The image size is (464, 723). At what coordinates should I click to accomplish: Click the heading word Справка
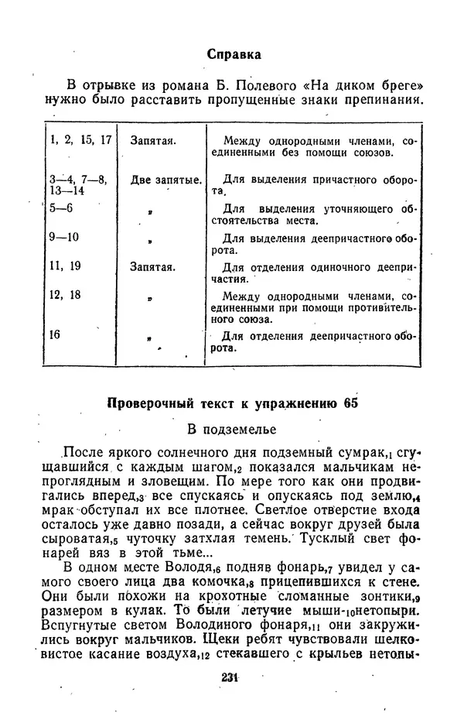234,54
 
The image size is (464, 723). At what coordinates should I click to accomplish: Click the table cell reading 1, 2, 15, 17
81,140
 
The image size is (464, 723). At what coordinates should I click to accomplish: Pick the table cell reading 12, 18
65,294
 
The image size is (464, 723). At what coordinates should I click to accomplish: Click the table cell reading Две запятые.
165,180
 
